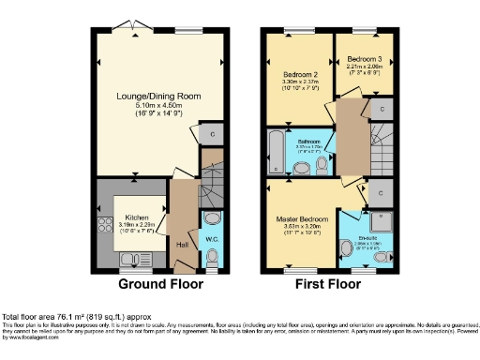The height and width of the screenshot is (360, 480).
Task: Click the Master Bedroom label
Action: (300, 219)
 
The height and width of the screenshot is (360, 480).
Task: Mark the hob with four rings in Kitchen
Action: (103, 225)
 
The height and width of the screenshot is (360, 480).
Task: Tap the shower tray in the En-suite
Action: (381, 220)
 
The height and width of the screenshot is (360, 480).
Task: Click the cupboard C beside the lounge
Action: (215, 132)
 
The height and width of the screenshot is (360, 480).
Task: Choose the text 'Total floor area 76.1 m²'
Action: (56, 317)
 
